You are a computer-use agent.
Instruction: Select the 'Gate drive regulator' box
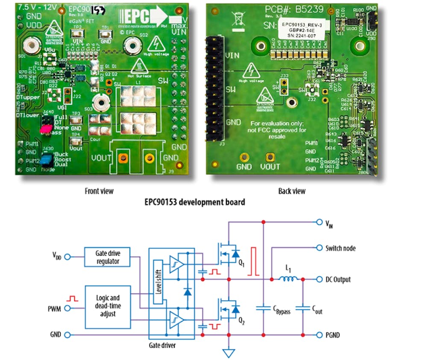107,257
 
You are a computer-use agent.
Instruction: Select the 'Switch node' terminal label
340,248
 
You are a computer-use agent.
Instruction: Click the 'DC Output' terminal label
338,279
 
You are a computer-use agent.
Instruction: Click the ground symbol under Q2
229,352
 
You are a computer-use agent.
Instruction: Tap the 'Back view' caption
292,191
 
